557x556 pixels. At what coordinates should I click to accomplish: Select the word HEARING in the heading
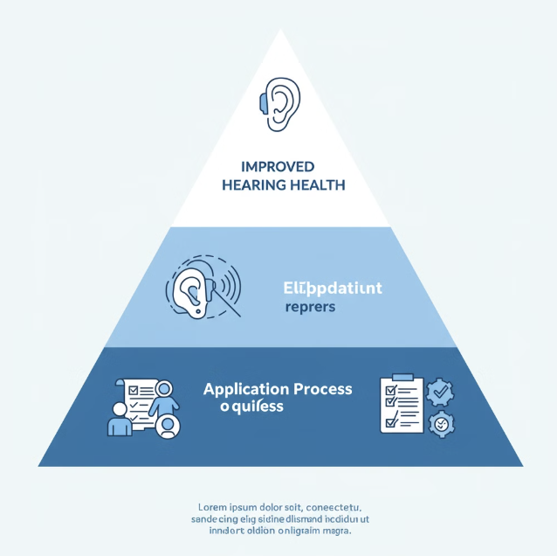point(253,184)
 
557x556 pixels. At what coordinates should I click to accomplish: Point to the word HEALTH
point(315,184)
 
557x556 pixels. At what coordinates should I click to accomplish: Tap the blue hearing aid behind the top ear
point(264,102)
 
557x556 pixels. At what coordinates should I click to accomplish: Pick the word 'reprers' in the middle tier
point(310,307)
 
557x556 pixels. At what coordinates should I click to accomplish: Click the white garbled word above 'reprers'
point(332,288)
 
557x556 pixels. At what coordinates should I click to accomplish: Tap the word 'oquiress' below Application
point(251,407)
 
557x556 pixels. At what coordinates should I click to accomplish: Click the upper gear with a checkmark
point(442,394)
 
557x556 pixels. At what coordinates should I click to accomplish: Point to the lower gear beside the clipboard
point(443,424)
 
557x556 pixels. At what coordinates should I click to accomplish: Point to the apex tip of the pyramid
point(280,31)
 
